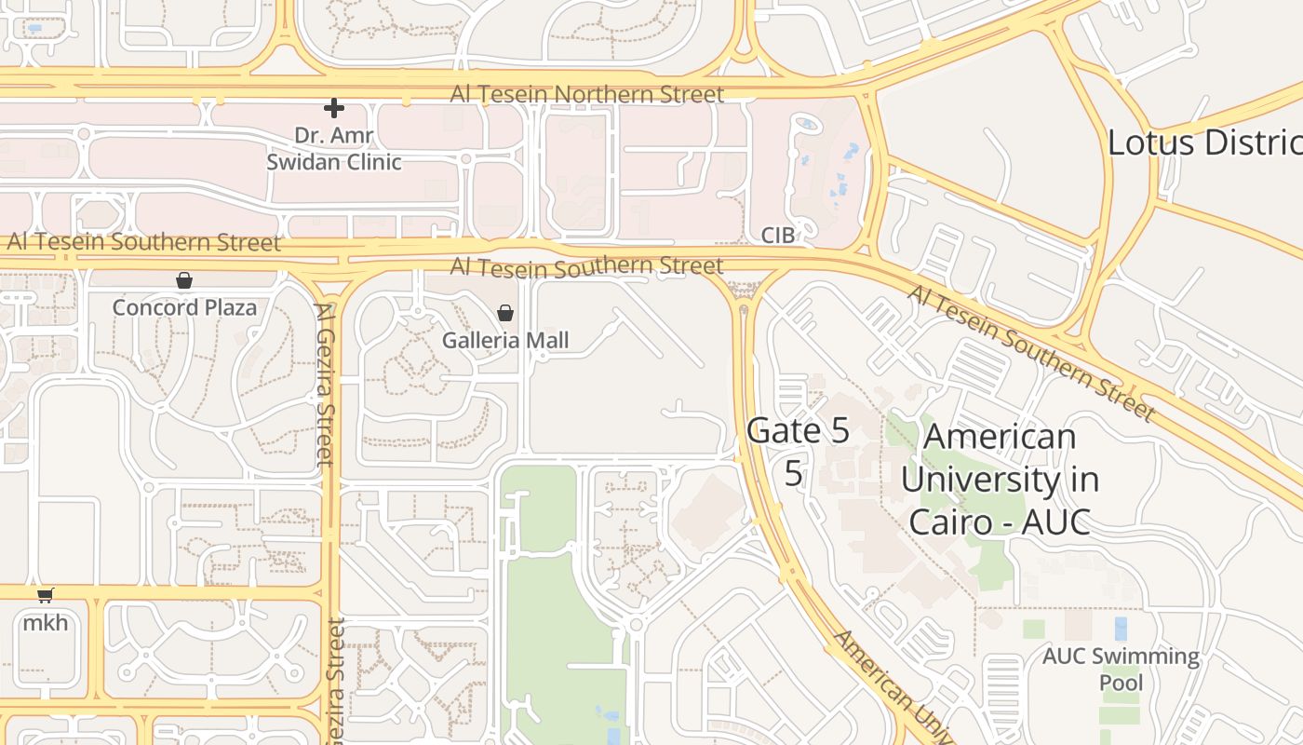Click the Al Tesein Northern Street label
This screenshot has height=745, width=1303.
586,94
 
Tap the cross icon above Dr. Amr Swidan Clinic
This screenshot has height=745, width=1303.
334,108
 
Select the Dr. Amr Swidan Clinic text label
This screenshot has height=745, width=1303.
334,149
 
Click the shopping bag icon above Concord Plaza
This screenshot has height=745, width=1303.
184,280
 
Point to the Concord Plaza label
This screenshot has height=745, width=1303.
184,307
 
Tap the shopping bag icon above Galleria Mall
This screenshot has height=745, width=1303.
505,313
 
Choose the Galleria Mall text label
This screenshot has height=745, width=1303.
505,340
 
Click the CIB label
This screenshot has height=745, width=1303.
778,236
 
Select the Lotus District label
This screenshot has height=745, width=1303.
1205,143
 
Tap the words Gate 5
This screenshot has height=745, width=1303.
799,431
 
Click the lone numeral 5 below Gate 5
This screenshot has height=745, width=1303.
793,473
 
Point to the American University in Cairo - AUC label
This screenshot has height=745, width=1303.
1000,479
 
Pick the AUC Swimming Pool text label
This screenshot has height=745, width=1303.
1121,670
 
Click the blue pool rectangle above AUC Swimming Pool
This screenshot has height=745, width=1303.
1121,629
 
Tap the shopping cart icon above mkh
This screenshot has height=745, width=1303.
45,595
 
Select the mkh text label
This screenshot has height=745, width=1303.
45,622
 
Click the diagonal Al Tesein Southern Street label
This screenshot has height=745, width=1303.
1031,353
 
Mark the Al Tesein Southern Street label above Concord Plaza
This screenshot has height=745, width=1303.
144,243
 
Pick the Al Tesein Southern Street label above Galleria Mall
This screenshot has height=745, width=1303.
586,266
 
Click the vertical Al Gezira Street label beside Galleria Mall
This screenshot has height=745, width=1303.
325,384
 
